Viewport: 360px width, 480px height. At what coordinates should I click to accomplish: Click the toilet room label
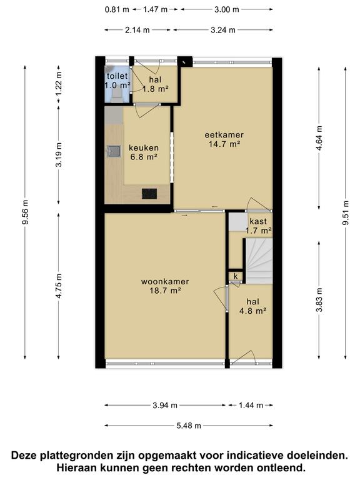coord(117,81)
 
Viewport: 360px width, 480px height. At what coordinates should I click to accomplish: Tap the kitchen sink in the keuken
coord(114,151)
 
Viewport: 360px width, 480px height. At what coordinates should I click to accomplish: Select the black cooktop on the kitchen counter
coord(149,194)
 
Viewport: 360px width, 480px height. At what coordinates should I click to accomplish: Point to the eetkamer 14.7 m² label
coord(224,139)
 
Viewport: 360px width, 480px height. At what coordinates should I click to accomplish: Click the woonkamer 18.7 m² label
coord(165,286)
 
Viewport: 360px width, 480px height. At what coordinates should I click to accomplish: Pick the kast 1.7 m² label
coord(258,226)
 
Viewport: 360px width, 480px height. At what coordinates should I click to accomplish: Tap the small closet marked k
coord(236,276)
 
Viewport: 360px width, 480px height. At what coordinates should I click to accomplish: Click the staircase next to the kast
coord(259,261)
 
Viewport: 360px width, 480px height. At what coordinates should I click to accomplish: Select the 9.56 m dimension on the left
coord(26,212)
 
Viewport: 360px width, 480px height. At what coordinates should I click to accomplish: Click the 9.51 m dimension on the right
coord(346,212)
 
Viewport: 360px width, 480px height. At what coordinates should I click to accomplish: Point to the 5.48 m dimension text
coord(189,426)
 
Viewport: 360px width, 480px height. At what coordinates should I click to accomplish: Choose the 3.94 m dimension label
coord(165,405)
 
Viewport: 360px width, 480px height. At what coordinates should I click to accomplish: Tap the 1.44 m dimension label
coord(251,405)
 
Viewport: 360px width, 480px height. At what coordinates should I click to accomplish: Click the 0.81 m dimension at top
coord(117,9)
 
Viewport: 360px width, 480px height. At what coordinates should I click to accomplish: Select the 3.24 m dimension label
coord(223,30)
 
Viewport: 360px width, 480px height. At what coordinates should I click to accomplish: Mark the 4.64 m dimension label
coord(319,138)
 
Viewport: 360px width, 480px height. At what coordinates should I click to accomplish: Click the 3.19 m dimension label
coord(59,154)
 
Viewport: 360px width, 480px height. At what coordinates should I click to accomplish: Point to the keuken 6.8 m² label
coord(144,152)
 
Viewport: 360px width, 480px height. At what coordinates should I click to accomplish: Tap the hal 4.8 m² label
coord(252,306)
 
